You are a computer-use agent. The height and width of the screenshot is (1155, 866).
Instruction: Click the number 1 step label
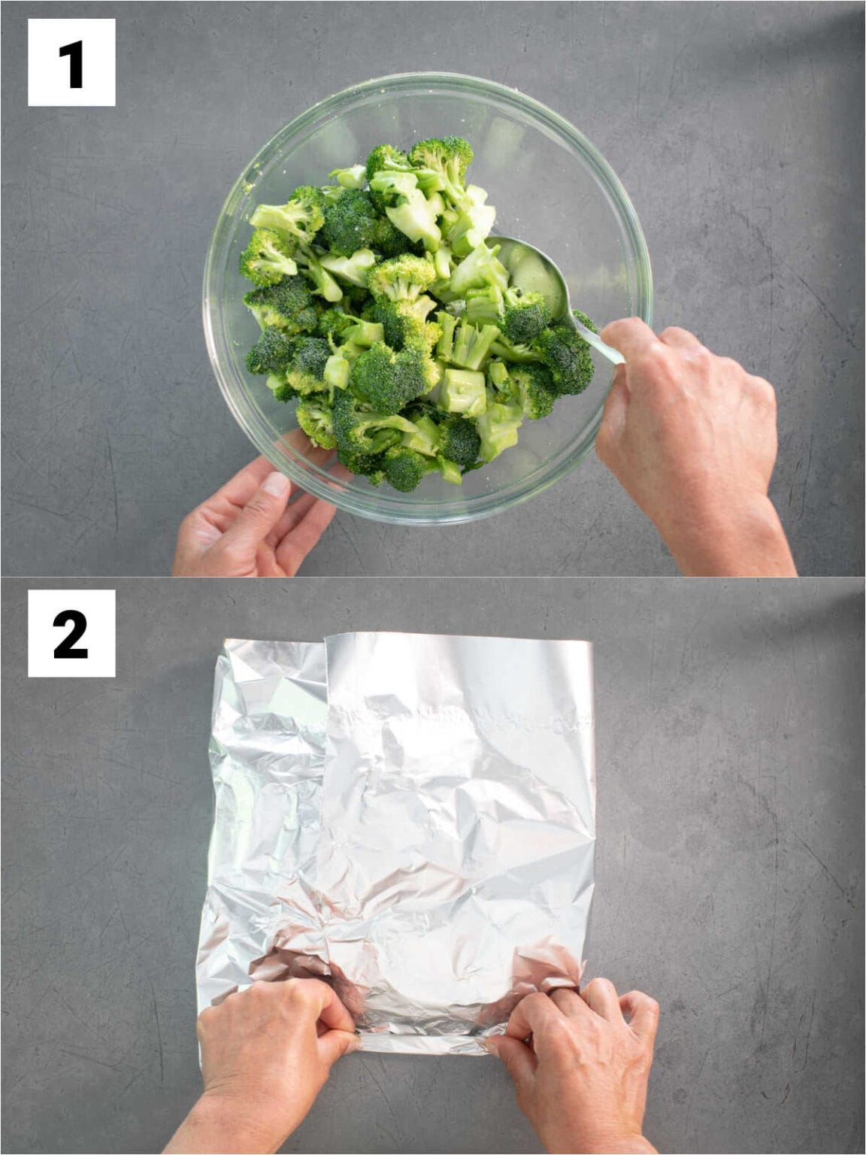(x=71, y=62)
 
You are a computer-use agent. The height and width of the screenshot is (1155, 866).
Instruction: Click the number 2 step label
(x=71, y=633)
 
